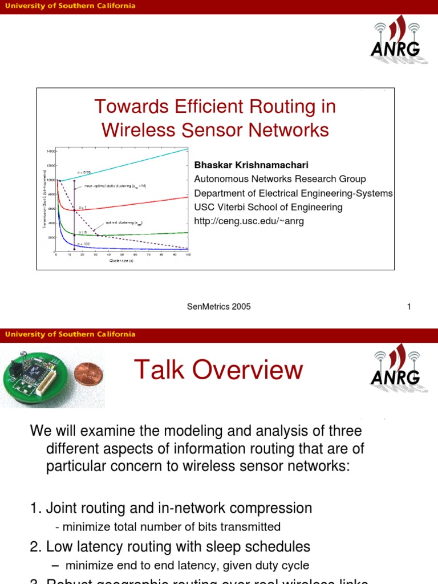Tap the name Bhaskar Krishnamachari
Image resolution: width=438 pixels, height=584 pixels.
coord(252,165)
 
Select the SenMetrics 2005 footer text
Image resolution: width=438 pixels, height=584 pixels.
coord(218,307)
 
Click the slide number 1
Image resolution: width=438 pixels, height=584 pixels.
coord(409,307)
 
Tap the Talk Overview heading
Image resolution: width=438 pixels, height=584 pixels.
coord(218,370)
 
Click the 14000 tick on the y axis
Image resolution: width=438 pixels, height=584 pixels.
coord(51,151)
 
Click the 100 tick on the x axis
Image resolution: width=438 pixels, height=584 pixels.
coord(188,255)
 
